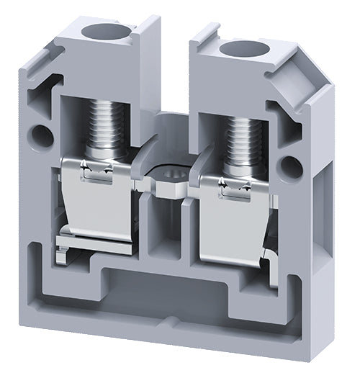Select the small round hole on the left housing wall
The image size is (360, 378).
(x=42, y=135)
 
